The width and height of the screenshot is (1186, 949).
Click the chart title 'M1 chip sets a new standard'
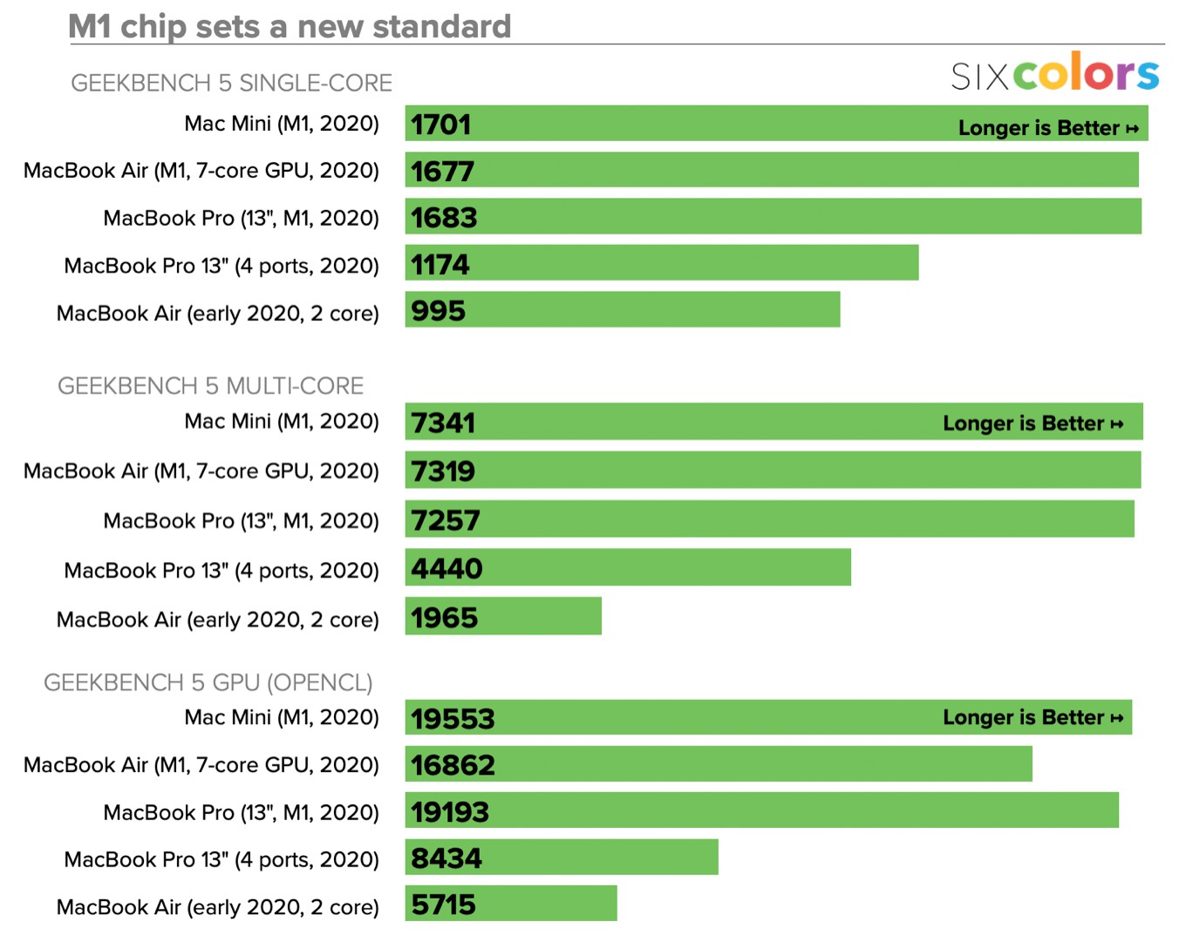click(290, 26)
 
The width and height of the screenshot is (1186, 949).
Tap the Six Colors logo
click(1054, 73)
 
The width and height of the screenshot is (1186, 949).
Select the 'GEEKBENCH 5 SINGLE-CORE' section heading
click(231, 83)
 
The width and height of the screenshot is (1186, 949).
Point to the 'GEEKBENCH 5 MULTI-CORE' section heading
click(210, 386)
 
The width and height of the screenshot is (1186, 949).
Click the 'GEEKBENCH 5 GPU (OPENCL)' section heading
click(208, 682)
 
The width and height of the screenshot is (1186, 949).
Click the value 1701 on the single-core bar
click(440, 125)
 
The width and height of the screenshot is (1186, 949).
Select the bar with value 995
click(622, 310)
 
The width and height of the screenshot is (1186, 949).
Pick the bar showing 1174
click(661, 263)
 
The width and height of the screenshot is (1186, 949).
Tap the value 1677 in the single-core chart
click(442, 171)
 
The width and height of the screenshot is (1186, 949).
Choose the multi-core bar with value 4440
click(628, 568)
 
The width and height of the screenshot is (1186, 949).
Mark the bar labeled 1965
click(503, 617)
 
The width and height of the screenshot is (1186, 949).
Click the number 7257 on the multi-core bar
click(446, 521)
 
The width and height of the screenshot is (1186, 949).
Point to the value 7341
click(443, 424)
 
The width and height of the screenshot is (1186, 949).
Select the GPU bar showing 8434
click(562, 857)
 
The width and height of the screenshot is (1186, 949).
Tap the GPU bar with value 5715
click(511, 905)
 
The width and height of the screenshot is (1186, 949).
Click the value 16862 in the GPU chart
click(453, 765)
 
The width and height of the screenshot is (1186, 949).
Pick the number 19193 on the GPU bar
click(450, 812)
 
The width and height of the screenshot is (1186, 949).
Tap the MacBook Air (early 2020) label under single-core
click(217, 314)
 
